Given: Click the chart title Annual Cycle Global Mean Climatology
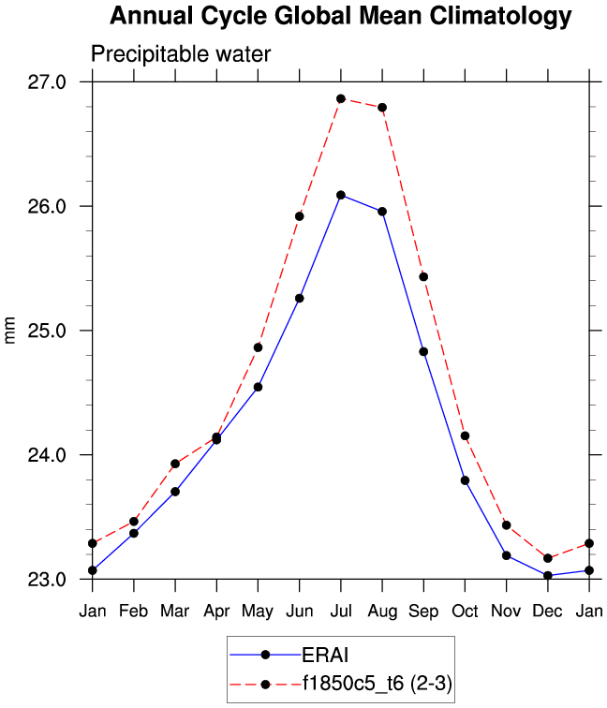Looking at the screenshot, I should (340, 16).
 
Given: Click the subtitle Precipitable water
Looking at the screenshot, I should (181, 54).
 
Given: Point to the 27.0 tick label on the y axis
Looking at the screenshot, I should (47, 82).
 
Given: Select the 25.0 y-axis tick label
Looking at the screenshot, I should (47, 331).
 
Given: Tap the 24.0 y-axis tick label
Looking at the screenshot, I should (47, 455).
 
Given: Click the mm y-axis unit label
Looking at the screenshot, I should (11, 331).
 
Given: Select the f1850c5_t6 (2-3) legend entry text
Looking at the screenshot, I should (375, 684).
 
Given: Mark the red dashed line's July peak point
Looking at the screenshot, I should (341, 98).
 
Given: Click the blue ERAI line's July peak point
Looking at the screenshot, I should (341, 195).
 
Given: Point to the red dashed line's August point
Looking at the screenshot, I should (382, 108).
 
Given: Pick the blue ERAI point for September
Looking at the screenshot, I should (423, 352).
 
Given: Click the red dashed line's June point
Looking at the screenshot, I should (300, 216).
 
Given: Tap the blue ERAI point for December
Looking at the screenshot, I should (547, 575).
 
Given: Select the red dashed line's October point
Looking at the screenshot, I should (465, 435).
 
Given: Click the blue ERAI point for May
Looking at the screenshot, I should (258, 387).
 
